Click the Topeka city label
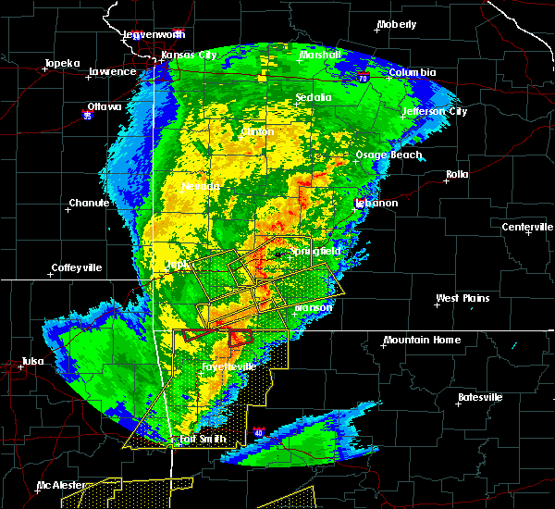click(x=60, y=64)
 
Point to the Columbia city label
click(x=412, y=72)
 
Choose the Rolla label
click(x=457, y=174)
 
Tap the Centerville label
click(x=527, y=227)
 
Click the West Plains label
click(x=463, y=298)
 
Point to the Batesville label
click(x=482, y=397)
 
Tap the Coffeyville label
click(x=78, y=268)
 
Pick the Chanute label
click(x=90, y=203)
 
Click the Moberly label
click(x=398, y=24)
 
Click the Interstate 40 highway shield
click(x=259, y=432)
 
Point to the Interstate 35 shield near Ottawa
click(x=88, y=117)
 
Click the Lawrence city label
click(x=112, y=71)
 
